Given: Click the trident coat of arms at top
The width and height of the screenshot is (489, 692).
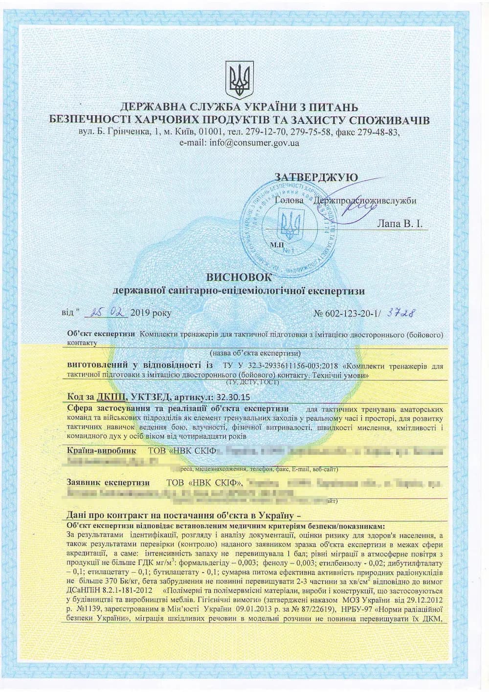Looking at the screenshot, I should coord(240,79).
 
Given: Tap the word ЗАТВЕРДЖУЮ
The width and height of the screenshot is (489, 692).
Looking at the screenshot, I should coord(316,177).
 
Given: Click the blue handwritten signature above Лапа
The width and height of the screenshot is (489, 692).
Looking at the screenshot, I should coord(362,201).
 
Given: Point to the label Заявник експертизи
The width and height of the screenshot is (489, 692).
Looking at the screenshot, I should coord(108,482).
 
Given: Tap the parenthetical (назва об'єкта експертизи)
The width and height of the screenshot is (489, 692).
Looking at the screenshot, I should coord(255,353).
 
